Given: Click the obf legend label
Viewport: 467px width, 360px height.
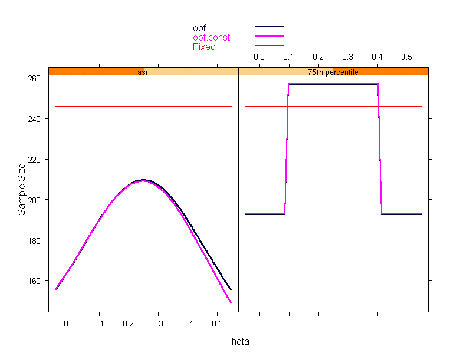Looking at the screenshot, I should (199, 28).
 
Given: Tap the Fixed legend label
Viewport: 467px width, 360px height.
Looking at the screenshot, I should (204, 47).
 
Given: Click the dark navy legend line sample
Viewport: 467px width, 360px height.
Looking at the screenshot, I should (269, 27).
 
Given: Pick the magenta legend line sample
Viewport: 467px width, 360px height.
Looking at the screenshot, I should (269, 36).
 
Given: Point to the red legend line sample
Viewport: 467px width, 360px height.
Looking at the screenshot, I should (269, 45).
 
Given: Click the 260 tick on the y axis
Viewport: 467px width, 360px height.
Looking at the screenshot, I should (35, 78).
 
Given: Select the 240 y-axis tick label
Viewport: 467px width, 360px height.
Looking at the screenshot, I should (35, 119).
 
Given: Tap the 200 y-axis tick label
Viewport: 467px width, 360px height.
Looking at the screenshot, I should (35, 200).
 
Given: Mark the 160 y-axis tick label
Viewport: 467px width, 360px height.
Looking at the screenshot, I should (35, 281).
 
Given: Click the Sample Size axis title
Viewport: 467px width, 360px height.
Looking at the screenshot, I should (22, 189).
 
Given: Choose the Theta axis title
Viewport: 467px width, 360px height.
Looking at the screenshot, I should (238, 341).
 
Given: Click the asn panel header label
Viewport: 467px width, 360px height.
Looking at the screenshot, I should (143, 72).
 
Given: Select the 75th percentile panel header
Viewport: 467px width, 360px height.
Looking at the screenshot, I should (333, 72).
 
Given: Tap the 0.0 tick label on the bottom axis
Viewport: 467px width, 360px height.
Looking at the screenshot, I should (70, 323).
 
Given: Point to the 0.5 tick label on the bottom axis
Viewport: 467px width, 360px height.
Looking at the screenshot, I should (217, 323).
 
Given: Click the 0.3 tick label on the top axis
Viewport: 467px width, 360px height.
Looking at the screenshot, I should (347, 56).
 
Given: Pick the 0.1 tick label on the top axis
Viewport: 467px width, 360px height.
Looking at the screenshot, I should (288, 56).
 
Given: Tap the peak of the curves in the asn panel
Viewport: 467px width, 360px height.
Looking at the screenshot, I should (143, 180).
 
